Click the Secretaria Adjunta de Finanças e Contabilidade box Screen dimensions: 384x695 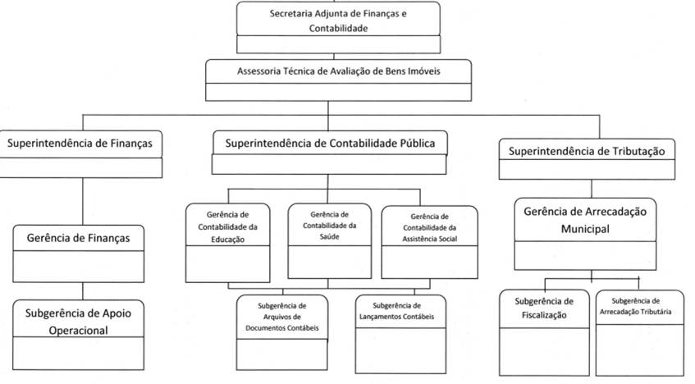(x=337, y=21)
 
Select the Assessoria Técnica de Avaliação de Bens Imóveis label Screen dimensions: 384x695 (x=338, y=71)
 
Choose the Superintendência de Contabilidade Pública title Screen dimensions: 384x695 (x=330, y=144)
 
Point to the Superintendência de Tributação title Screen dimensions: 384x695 (x=592, y=151)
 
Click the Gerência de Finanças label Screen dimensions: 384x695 (x=78, y=238)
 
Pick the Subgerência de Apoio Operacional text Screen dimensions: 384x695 (x=78, y=322)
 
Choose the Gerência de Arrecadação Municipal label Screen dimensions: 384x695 (x=585, y=220)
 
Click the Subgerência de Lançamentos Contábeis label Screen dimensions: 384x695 (x=396, y=311)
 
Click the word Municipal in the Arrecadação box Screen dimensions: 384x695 (x=585, y=230)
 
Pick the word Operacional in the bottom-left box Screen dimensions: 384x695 (x=78, y=331)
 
